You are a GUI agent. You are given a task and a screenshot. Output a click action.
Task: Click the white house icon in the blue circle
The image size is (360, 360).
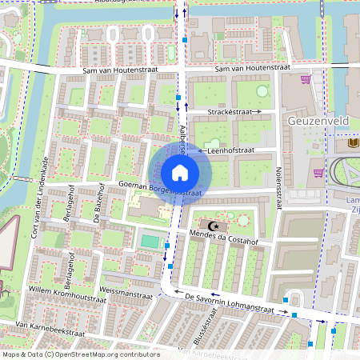(x=180, y=173)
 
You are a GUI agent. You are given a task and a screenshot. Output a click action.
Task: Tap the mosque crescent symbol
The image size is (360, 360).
(x=213, y=226)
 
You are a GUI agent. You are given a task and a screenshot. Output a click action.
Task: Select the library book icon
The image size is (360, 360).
(x=354, y=143)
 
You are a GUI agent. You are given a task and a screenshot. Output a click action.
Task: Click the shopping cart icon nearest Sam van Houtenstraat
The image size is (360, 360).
(x=305, y=79)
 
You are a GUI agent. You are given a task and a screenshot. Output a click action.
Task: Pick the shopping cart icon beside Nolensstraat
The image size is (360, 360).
(x=318, y=172)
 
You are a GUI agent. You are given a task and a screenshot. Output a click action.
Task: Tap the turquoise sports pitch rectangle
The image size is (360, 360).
(x=149, y=240)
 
